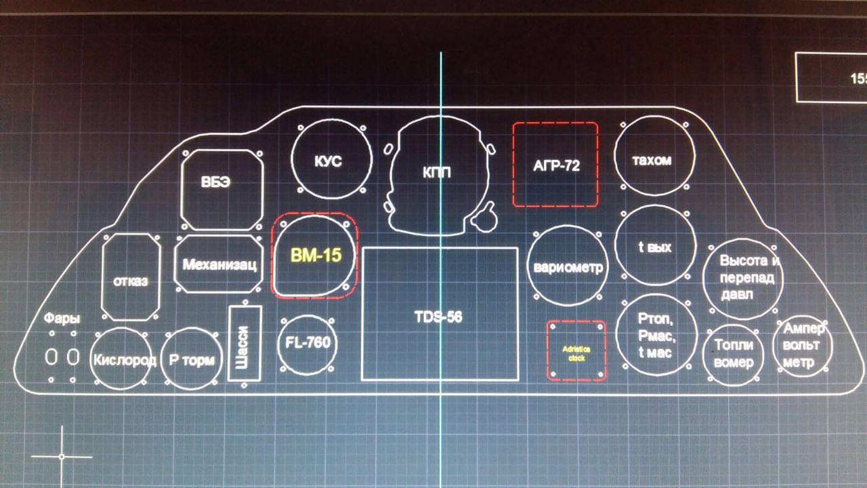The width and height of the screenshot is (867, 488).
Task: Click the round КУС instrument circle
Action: click(331, 161)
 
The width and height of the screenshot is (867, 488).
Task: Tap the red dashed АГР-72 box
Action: click(556, 165)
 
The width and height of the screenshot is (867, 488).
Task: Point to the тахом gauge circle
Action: click(654, 160)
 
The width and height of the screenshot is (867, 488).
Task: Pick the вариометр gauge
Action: click(568, 266)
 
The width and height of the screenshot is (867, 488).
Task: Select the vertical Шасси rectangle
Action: click(245, 344)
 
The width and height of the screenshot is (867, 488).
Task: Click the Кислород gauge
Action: click(124, 359)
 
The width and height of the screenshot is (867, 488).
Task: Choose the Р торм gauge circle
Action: click(191, 359)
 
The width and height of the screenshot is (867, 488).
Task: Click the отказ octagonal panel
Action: click(131, 277)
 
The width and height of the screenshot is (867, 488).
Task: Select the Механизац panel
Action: click(219, 264)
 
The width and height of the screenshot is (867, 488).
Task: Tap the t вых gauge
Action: click(655, 247)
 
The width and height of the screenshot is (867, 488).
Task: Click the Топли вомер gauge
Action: click(734, 354)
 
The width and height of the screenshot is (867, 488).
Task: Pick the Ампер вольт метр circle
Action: click(803, 347)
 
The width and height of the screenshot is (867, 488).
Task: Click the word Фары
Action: click(62, 319)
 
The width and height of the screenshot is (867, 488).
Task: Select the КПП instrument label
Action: click(437, 173)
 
